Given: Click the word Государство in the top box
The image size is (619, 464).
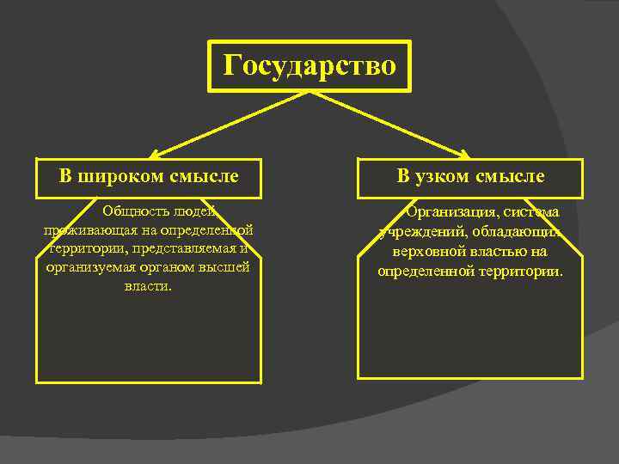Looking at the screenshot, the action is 309,65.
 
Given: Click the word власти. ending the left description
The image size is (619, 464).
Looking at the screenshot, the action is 148,286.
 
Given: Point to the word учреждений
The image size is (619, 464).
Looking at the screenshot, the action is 420,232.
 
